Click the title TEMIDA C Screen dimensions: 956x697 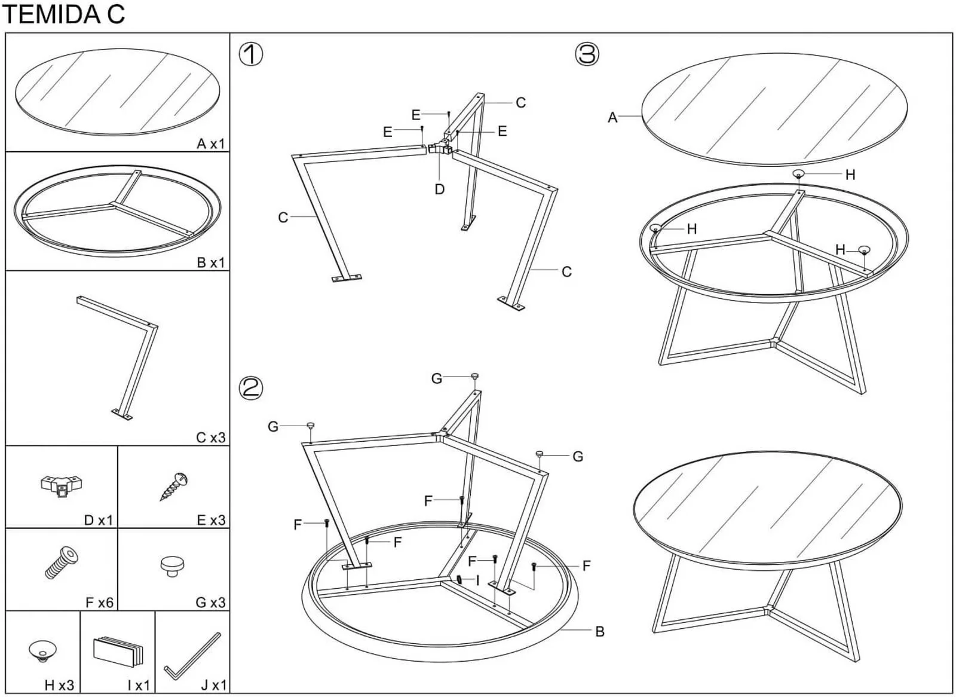tap(64, 14)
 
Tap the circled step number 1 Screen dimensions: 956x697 tap(250, 54)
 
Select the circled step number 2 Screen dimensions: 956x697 tap(250, 388)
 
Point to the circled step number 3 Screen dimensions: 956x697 tap(587, 54)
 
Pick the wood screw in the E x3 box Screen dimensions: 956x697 tap(174, 487)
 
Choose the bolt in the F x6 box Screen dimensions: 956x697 tap(62, 563)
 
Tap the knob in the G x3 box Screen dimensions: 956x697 tap(173, 566)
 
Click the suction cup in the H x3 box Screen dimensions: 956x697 tap(42, 651)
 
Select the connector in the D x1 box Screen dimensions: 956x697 tap(62, 486)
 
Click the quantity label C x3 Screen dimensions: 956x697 tap(210, 438)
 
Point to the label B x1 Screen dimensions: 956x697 tap(211, 262)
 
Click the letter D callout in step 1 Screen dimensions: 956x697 tap(440, 189)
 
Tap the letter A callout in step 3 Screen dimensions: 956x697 tap(612, 117)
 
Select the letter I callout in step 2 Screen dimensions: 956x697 tap(477, 580)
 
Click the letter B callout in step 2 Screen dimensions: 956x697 tap(600, 632)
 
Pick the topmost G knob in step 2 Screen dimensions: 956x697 tap(474, 376)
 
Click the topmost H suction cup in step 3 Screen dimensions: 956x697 tap(798, 173)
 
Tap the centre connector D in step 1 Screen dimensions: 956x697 tap(440, 149)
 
